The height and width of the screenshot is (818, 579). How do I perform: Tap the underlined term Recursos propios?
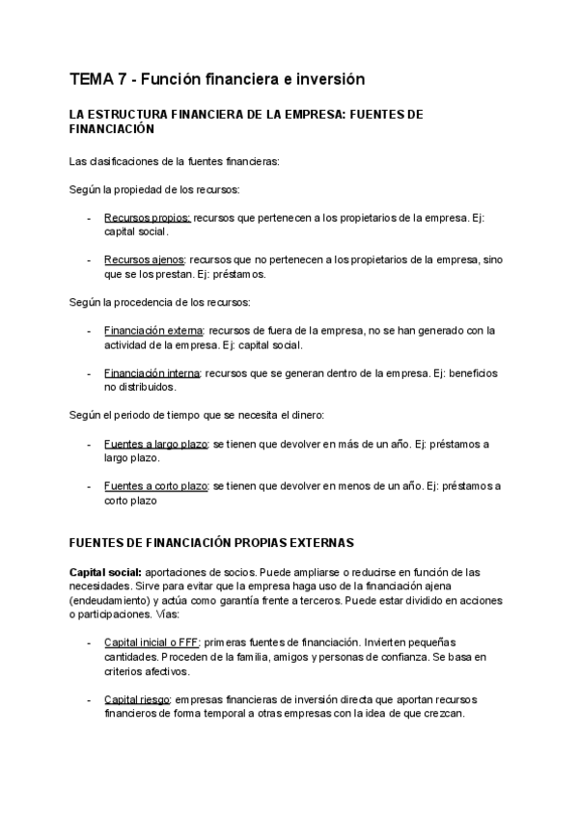click(147, 218)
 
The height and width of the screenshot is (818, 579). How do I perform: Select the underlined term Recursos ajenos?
click(146, 259)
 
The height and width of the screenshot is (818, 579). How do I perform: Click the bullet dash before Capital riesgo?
click(89, 698)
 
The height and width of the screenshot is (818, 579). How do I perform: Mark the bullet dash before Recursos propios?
click(89, 218)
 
